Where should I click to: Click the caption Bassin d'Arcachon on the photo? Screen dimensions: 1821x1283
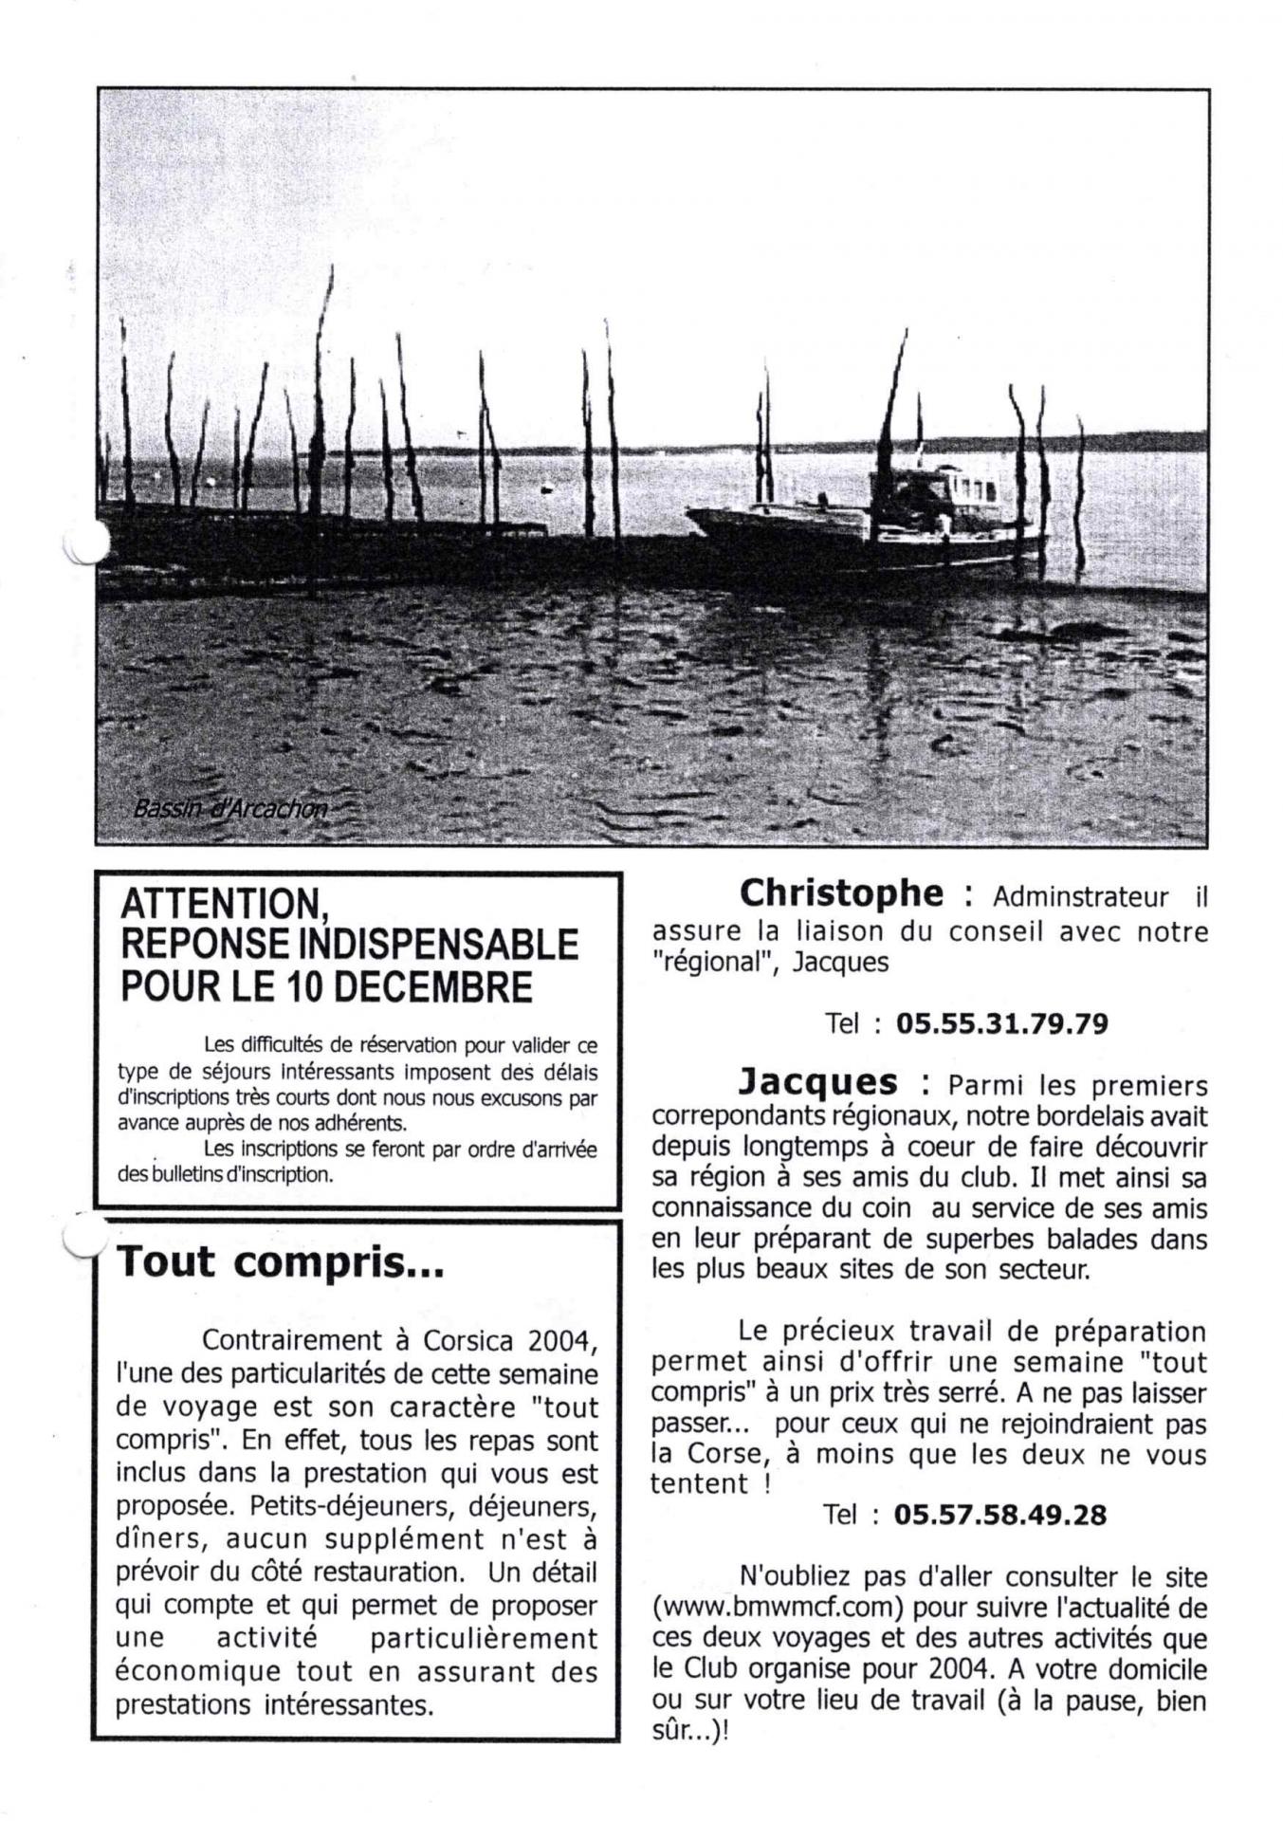[230, 809]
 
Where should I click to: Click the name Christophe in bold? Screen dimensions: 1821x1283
[841, 893]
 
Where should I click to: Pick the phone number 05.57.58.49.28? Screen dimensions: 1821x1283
[999, 1515]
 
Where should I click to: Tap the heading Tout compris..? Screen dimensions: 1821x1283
[280, 1263]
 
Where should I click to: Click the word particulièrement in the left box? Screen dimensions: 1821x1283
[484, 1638]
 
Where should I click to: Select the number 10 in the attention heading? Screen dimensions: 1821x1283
[302, 987]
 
